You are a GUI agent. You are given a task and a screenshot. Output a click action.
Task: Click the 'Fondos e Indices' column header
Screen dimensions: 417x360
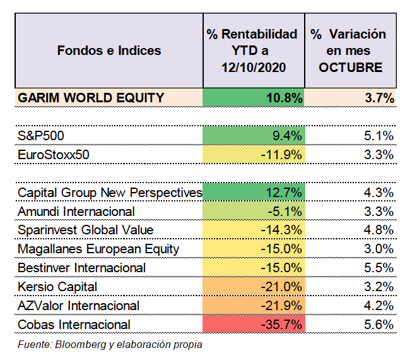pyautogui.click(x=109, y=51)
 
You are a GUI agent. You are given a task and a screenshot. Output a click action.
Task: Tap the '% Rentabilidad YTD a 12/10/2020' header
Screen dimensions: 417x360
pyautogui.click(x=252, y=51)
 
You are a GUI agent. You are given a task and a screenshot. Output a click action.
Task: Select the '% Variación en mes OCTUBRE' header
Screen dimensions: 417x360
pyautogui.click(x=349, y=51)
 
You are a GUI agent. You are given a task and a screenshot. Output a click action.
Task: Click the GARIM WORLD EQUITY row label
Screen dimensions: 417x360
pyautogui.click(x=91, y=98)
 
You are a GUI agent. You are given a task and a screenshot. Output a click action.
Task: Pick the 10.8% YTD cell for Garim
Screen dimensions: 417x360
pyautogui.click(x=254, y=97)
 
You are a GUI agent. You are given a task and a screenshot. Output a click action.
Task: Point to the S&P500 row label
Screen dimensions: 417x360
pyautogui.click(x=40, y=136)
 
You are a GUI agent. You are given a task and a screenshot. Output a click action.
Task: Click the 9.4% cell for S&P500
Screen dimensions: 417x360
pyautogui.click(x=254, y=136)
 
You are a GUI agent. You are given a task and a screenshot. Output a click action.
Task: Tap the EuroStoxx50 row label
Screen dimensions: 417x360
pyautogui.click(x=53, y=155)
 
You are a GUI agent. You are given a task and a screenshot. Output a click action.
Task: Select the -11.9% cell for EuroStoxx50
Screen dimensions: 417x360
pyautogui.click(x=254, y=155)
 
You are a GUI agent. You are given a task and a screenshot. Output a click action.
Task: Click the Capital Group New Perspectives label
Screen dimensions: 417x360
pyautogui.click(x=110, y=193)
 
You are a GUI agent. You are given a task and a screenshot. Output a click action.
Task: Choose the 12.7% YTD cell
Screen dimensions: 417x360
pyautogui.click(x=254, y=192)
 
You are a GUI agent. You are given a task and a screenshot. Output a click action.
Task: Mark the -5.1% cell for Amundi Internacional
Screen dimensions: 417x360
pyautogui.click(x=254, y=211)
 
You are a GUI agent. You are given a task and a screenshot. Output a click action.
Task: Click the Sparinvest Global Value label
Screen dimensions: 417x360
pyautogui.click(x=85, y=230)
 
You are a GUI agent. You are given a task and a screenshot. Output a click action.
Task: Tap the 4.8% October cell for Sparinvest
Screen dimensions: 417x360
pyautogui.click(x=379, y=230)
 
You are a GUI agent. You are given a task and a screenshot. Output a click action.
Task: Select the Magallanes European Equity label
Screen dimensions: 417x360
pyautogui.click(x=98, y=249)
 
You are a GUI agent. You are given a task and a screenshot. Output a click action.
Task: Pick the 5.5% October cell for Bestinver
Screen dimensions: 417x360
pyautogui.click(x=379, y=268)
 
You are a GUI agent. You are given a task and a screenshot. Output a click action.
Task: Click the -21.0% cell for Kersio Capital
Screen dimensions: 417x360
pyautogui.click(x=254, y=287)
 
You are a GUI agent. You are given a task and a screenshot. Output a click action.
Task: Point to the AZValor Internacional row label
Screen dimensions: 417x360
pyautogui.click(x=78, y=306)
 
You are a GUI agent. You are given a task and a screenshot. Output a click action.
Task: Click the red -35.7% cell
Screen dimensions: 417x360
pyautogui.click(x=254, y=324)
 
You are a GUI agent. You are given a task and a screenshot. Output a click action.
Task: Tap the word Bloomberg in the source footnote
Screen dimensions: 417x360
pyautogui.click(x=81, y=345)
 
